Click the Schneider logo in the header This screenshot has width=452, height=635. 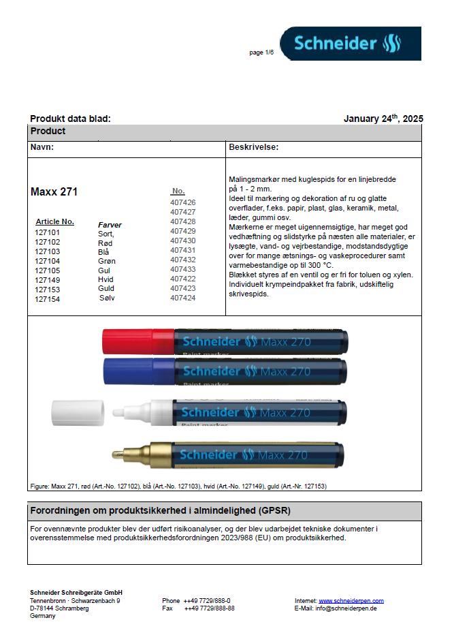(350, 44)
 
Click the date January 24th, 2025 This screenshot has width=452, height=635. (383, 119)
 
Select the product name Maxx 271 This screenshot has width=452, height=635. (54, 192)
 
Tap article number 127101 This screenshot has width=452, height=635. (48, 233)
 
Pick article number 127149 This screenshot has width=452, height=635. (48, 280)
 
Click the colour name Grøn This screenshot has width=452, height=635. (107, 261)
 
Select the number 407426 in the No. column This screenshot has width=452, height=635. (182, 202)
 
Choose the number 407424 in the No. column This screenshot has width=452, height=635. (182, 298)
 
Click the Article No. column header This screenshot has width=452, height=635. (54, 222)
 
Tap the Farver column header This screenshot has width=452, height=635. (110, 224)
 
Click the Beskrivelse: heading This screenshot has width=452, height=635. (253, 147)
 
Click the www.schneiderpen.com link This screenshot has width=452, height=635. (351, 601)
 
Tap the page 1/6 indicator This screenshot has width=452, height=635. (261, 52)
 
